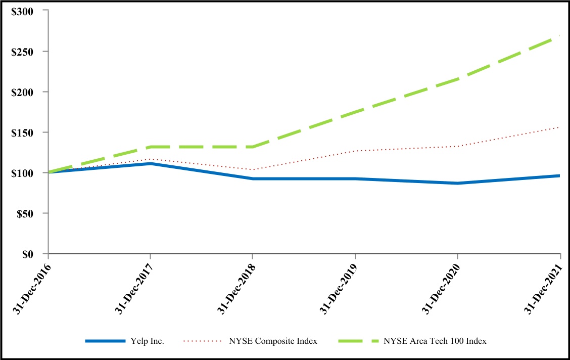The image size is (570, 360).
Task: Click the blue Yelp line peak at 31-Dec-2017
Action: click(x=151, y=163)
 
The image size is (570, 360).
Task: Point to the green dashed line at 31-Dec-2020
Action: click(x=458, y=79)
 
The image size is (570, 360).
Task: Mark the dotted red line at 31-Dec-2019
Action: click(x=355, y=151)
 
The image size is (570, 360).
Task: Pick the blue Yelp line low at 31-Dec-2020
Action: click(x=458, y=183)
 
